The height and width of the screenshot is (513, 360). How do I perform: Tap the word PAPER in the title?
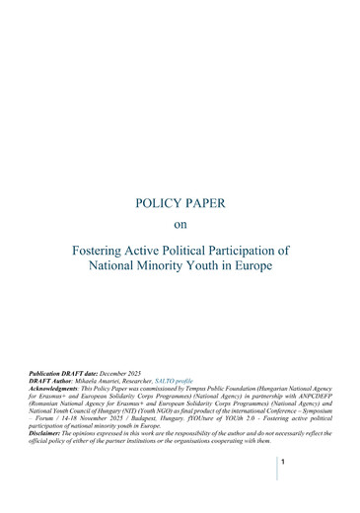[205, 204]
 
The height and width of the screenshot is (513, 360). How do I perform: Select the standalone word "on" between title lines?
[180, 225]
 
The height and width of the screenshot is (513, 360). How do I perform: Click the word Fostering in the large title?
[102, 250]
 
